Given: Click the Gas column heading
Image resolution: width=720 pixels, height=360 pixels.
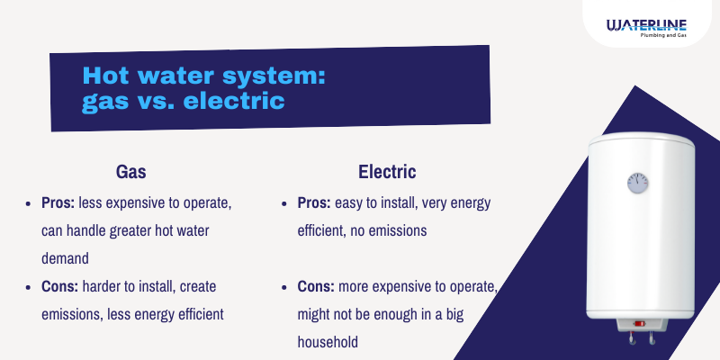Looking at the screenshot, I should point(131,171).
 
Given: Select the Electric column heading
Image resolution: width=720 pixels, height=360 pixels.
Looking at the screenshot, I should point(387,171).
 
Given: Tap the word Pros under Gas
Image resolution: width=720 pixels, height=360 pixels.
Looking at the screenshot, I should point(60,203).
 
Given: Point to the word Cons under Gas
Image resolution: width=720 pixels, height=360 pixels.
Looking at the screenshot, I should point(62,286).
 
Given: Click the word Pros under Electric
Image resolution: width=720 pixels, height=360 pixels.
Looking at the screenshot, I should point(316,203).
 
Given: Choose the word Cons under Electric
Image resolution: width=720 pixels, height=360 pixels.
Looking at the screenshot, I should point(318,286).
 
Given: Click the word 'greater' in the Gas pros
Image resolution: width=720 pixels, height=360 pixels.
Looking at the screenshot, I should point(143,231).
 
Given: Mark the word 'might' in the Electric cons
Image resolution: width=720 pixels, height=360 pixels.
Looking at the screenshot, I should point(316,314).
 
